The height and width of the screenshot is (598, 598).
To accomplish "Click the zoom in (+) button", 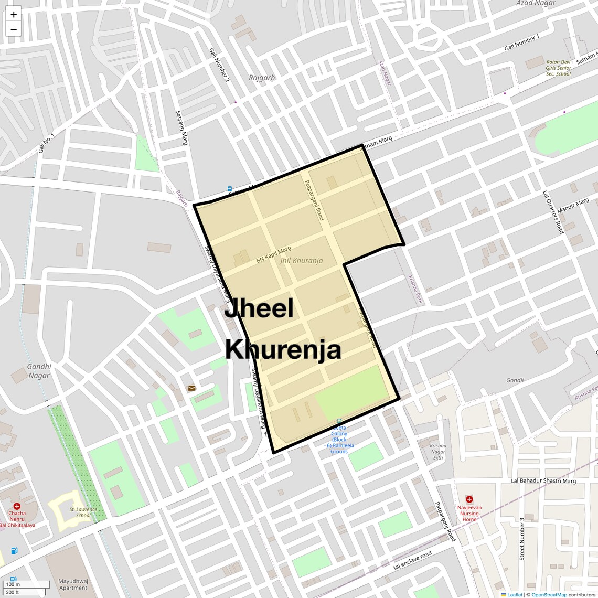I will (x=14, y=15).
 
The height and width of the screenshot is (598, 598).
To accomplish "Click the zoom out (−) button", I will (x=14, y=29).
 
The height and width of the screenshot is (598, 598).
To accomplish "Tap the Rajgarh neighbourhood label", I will (x=262, y=78).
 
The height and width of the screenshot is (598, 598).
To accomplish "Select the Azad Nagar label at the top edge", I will (x=536, y=3).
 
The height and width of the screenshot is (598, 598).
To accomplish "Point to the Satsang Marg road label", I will (x=181, y=127).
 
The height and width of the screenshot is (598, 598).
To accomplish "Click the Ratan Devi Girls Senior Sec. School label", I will (x=558, y=68).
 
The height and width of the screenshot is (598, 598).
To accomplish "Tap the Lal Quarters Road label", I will (x=552, y=212).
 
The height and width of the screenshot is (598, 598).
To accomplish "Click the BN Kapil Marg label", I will (x=273, y=255).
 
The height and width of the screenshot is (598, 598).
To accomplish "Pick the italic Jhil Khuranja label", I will (x=301, y=261).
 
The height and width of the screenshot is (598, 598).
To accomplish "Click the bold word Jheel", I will (x=259, y=308).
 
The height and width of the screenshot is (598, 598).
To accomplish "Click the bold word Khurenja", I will (x=283, y=349).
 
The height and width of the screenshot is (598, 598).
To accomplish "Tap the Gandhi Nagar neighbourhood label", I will (x=39, y=371).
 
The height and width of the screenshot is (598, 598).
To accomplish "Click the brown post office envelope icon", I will (x=191, y=388).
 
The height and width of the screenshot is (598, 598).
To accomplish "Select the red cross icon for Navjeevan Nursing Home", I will (x=469, y=499).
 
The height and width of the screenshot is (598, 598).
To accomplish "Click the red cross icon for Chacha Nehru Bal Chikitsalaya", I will (x=17, y=506).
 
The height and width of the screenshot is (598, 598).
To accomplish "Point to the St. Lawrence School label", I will (x=83, y=512).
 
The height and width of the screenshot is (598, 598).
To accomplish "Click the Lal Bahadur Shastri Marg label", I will (x=543, y=481).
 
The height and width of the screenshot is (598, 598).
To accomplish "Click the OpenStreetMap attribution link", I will (x=549, y=595).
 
